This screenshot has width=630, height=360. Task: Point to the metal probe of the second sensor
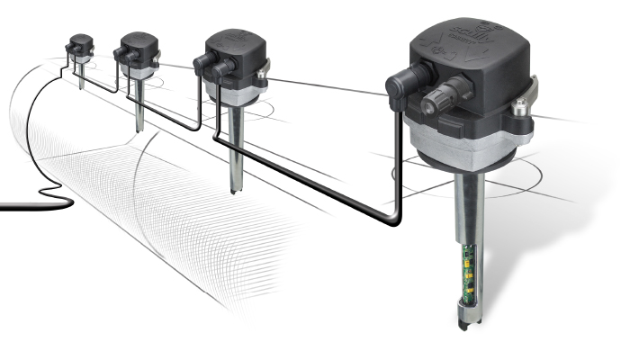139,103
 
